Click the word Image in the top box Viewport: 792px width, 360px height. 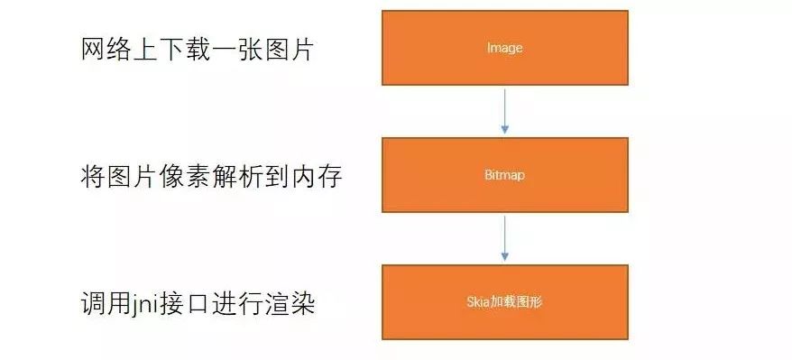coord(504,48)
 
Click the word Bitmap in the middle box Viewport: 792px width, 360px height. coord(504,175)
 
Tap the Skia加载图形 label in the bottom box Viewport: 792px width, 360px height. coord(504,302)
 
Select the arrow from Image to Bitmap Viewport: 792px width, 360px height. coord(504,110)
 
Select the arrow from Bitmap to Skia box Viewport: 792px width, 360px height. coord(504,237)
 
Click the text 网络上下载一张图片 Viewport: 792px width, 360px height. coord(197,50)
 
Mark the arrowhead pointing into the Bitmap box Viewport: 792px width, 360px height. coord(504,132)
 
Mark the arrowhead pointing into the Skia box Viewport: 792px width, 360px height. coord(504,259)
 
